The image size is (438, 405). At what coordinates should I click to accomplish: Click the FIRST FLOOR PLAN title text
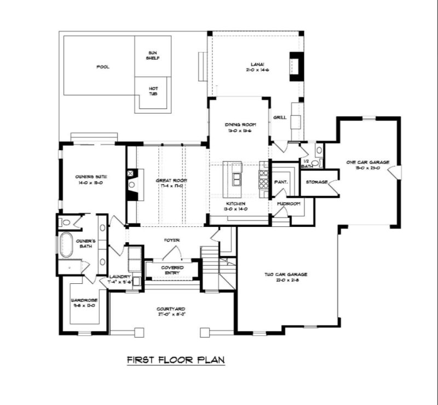tap(176, 360)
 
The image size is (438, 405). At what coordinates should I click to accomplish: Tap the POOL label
tap(102, 67)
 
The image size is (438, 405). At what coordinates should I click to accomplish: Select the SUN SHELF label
tap(153, 55)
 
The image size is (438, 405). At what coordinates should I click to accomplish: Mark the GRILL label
tap(280, 117)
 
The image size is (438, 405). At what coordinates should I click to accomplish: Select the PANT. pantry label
tap(281, 181)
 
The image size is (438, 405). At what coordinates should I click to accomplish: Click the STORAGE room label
tap(316, 181)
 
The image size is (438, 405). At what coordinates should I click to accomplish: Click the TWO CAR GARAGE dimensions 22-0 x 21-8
tap(286, 280)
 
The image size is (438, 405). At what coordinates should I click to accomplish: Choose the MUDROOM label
tap(288, 203)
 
